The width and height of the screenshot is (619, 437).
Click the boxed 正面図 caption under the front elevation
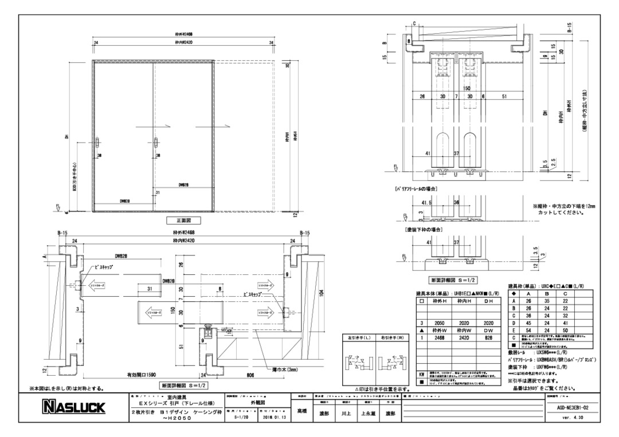[179, 221]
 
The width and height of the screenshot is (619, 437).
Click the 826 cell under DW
[488, 338]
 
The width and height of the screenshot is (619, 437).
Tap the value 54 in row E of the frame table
[528, 330]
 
